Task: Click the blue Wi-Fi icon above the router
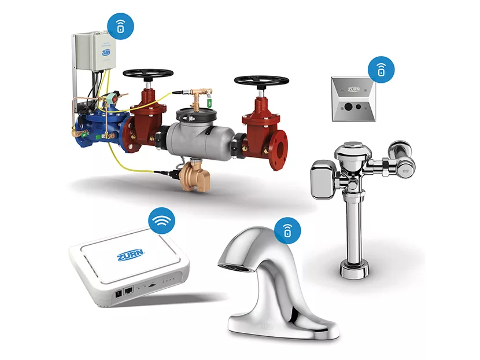(x=163, y=221)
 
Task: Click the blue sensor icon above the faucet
(x=287, y=232)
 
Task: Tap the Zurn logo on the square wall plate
(x=352, y=90)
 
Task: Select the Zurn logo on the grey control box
(x=106, y=53)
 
